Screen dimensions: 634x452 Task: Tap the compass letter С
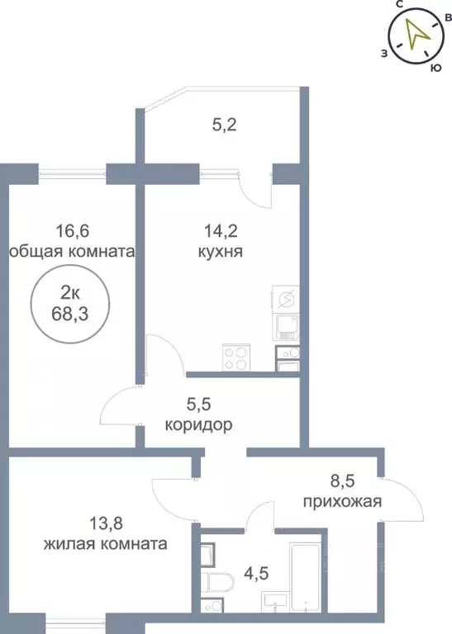399,6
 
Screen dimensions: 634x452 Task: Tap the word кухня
219,251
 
